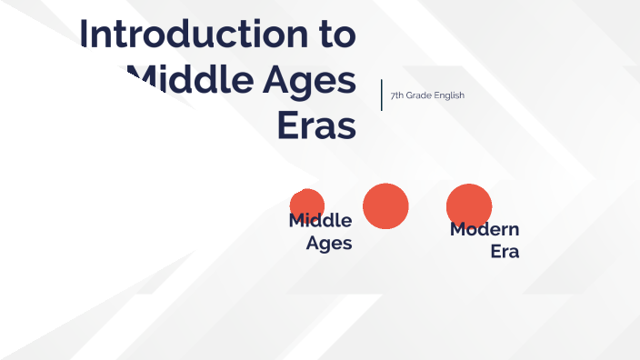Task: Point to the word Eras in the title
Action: pos(315,126)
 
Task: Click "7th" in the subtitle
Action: pos(397,95)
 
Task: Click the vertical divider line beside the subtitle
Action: pos(381,95)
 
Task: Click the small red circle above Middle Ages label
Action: pos(307,203)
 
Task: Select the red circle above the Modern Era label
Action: pos(469,205)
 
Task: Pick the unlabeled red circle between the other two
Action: pos(385,205)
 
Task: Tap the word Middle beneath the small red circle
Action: pos(320,221)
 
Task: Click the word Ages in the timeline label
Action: pos(329,243)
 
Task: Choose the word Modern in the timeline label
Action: pos(485,229)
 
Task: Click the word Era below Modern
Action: pos(505,251)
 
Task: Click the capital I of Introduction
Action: pos(85,34)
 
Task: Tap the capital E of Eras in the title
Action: pos(286,126)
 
